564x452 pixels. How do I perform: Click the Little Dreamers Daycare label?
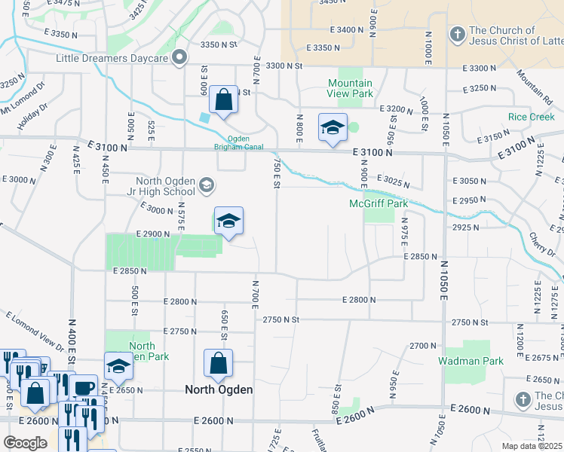pos(111,57)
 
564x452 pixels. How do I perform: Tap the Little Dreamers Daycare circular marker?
pos(179,57)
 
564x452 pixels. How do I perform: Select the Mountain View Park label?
pos(350,88)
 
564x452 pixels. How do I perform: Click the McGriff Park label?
pos(372,203)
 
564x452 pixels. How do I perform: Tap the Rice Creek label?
pos(531,117)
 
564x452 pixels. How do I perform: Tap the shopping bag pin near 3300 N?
pos(224,100)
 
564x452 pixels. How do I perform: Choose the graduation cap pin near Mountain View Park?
pos(333,128)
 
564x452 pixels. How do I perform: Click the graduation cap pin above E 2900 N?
pos(229,221)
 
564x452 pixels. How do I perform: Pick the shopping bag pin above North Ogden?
pos(218,364)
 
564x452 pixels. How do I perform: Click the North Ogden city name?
pos(219,389)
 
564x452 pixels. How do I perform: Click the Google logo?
pos(25,443)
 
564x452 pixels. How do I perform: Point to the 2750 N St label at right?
pos(471,322)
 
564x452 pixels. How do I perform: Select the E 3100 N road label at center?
pos(372,152)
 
